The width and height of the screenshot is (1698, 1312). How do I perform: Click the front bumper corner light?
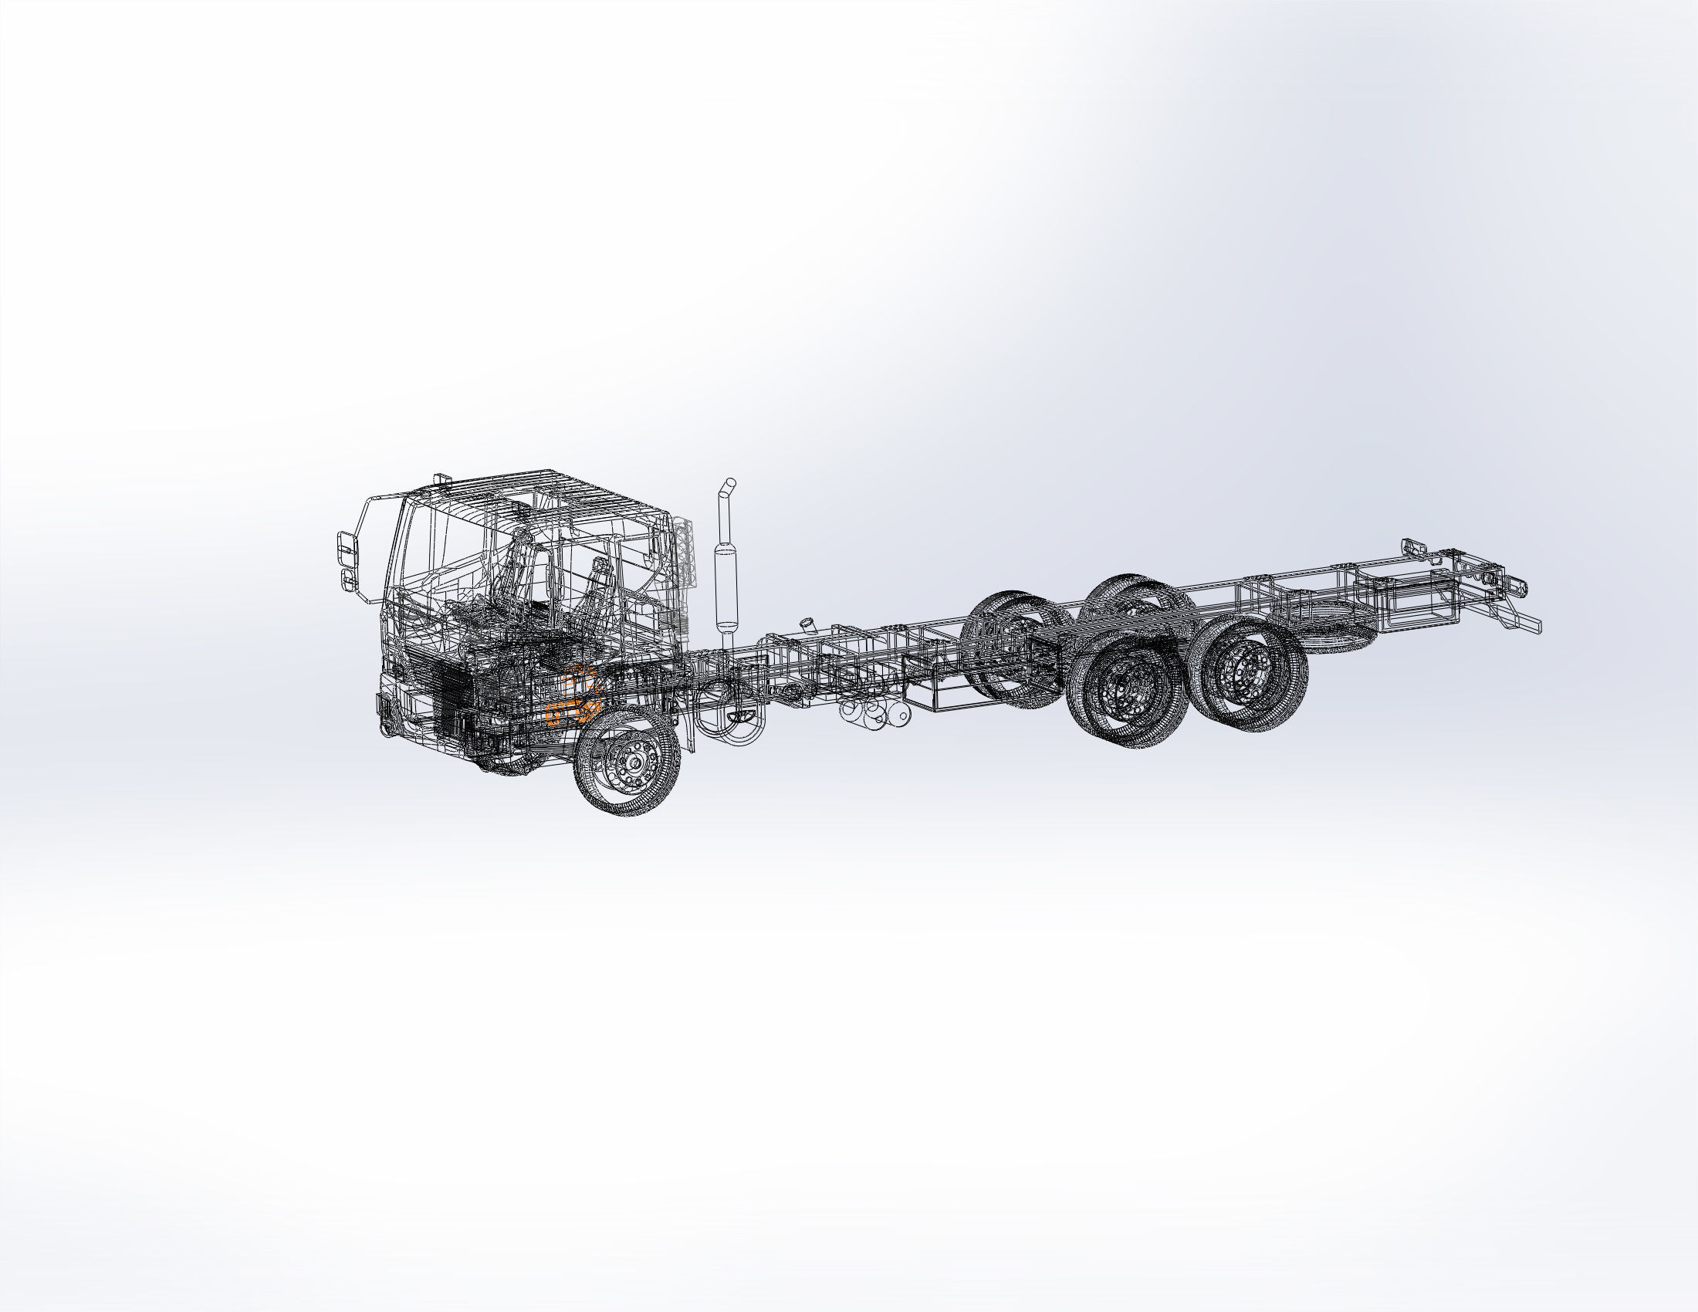pyautogui.click(x=385, y=708)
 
